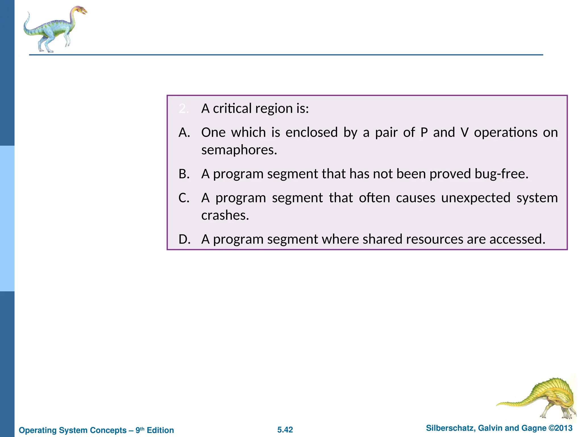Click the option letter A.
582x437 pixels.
184,133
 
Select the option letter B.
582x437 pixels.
184,174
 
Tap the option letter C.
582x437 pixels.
184,198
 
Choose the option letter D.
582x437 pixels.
184,239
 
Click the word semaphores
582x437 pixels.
239,150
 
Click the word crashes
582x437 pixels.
225,215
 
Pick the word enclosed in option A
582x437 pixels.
311,133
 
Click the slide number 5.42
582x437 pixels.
285,430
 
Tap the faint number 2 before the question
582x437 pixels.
183,109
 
